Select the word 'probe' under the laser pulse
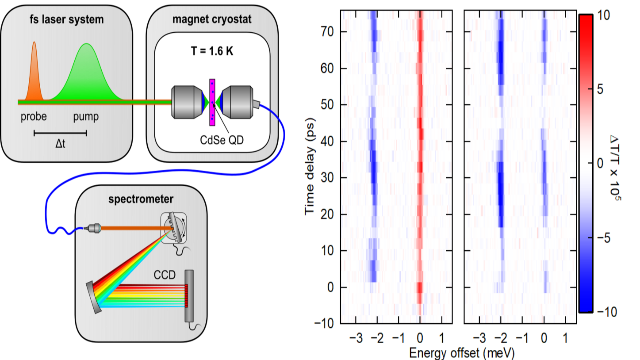tap(34, 118)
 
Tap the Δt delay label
tap(61, 143)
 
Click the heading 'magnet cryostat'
tap(212, 20)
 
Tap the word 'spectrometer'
tap(141, 199)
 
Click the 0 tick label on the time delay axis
tap(330, 287)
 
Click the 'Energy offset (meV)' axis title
tap(462, 352)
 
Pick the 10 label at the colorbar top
tap(590, 15)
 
